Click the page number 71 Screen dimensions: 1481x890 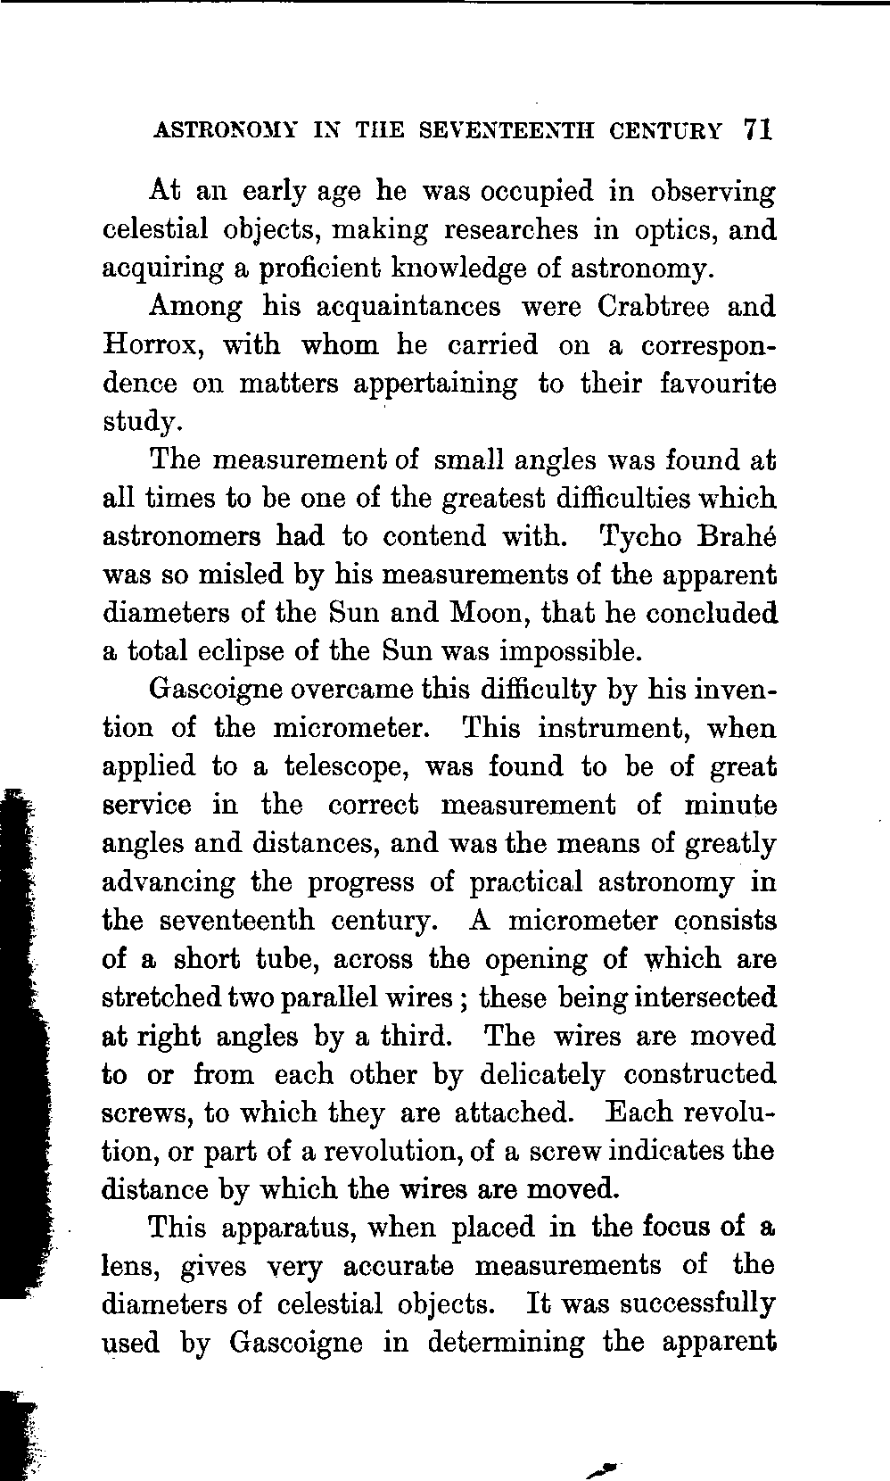(x=754, y=129)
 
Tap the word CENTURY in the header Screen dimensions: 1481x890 (x=666, y=130)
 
